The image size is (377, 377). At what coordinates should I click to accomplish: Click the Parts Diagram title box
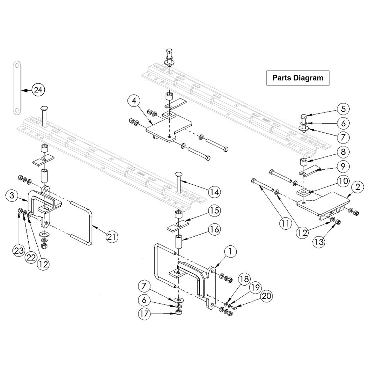coord(298,78)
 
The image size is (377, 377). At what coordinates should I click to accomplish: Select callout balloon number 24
coord(38,90)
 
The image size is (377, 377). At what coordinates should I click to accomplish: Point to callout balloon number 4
coord(134,101)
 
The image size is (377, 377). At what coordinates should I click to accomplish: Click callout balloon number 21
coord(112,237)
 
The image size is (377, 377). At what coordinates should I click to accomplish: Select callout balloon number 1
coord(230,251)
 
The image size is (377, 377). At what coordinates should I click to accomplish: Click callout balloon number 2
coord(357,187)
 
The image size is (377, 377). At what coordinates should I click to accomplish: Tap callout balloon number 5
coord(343,109)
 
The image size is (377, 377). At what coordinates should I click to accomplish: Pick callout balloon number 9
coord(343,166)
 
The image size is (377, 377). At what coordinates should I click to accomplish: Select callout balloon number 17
coord(144,314)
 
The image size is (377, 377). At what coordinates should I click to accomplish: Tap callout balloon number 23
coord(19,250)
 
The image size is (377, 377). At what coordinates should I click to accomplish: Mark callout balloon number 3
coord(12,196)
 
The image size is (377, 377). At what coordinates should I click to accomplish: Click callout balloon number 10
coord(343,180)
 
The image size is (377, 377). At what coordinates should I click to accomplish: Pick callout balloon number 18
coord(244,279)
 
